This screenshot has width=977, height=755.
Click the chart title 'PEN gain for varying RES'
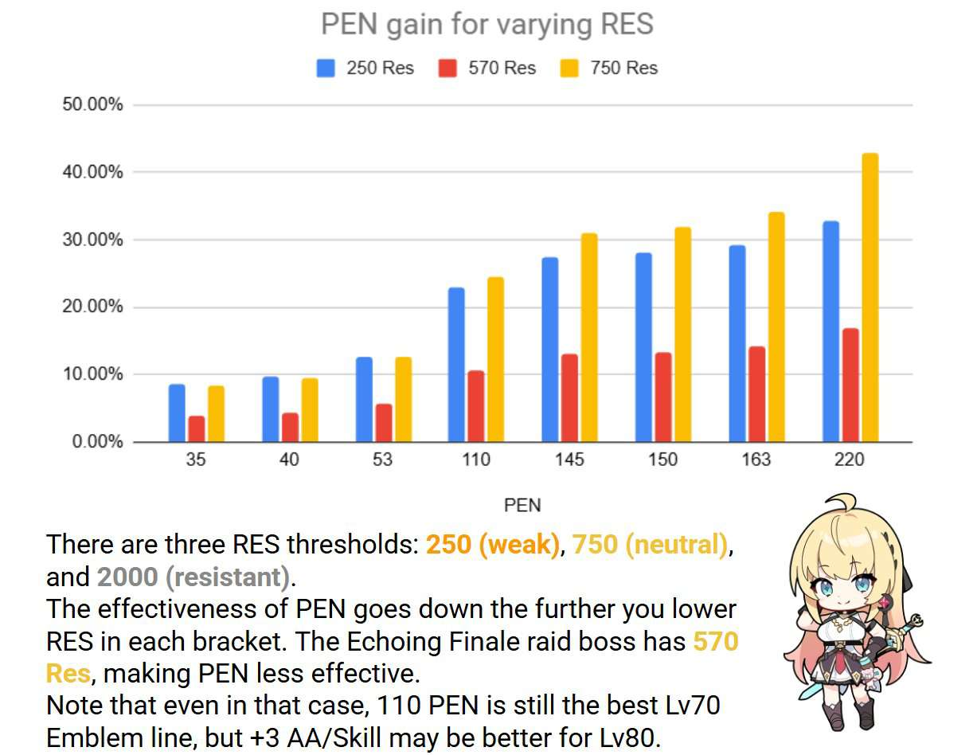pyautogui.click(x=487, y=24)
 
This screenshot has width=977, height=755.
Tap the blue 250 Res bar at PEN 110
pyautogui.click(x=456, y=365)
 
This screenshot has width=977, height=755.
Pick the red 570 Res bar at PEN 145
pyautogui.click(x=569, y=397)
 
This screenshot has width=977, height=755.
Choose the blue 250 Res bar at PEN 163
pyautogui.click(x=737, y=343)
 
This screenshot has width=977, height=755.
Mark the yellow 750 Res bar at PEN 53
pyautogui.click(x=403, y=399)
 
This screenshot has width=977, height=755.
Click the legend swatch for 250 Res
pyautogui.click(x=326, y=68)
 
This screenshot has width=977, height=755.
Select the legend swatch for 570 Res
pyautogui.click(x=447, y=68)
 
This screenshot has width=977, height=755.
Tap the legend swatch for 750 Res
pyautogui.click(x=569, y=68)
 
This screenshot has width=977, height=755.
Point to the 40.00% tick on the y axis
pyautogui.click(x=92, y=173)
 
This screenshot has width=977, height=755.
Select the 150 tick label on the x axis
pyautogui.click(x=662, y=460)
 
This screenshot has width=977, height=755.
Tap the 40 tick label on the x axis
pyautogui.click(x=290, y=460)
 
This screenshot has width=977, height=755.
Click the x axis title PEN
pyautogui.click(x=522, y=505)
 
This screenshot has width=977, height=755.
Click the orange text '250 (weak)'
pyautogui.click(x=493, y=546)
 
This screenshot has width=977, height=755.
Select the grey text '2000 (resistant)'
pyautogui.click(x=192, y=577)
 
